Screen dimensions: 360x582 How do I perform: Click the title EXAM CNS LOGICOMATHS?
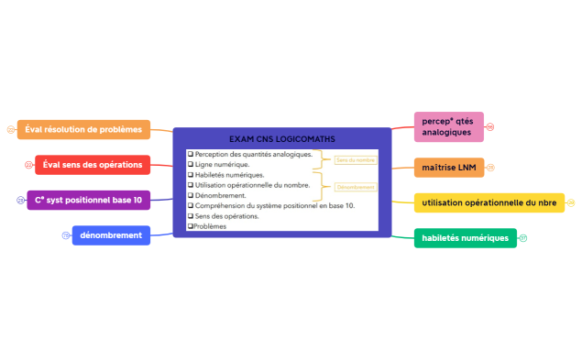pyautogui.click(x=282, y=138)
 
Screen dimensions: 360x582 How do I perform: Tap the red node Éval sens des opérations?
pyautogui.click(x=93, y=165)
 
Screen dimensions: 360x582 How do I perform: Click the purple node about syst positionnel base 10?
pyautogui.click(x=88, y=200)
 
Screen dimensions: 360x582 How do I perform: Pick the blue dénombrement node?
pyautogui.click(x=111, y=235)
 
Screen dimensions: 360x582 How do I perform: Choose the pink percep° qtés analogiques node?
pyautogui.click(x=447, y=126)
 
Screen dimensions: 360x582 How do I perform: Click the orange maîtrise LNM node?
pyautogui.click(x=448, y=168)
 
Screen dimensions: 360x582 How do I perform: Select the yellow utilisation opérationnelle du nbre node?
pyautogui.click(x=489, y=202)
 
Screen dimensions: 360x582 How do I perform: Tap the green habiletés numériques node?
pyautogui.click(x=465, y=238)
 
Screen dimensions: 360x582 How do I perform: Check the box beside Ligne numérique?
pyautogui.click(x=190, y=165)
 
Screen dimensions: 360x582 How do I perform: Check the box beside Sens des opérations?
pyautogui.click(x=190, y=216)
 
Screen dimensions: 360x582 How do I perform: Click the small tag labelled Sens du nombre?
pyautogui.click(x=356, y=159)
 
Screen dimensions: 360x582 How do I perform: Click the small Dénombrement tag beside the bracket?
pyautogui.click(x=356, y=187)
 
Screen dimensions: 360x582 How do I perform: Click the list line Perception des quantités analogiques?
pyautogui.click(x=253, y=154)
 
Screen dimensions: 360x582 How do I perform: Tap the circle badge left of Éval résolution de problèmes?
pyautogui.click(x=10, y=130)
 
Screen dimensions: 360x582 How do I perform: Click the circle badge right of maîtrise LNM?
pyautogui.click(x=490, y=168)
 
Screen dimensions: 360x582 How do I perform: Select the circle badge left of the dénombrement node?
pyautogui.click(x=66, y=235)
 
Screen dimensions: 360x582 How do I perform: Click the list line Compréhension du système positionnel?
pyautogui.click(x=274, y=205)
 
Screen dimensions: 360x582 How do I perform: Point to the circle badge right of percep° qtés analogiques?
pyautogui.click(x=490, y=126)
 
